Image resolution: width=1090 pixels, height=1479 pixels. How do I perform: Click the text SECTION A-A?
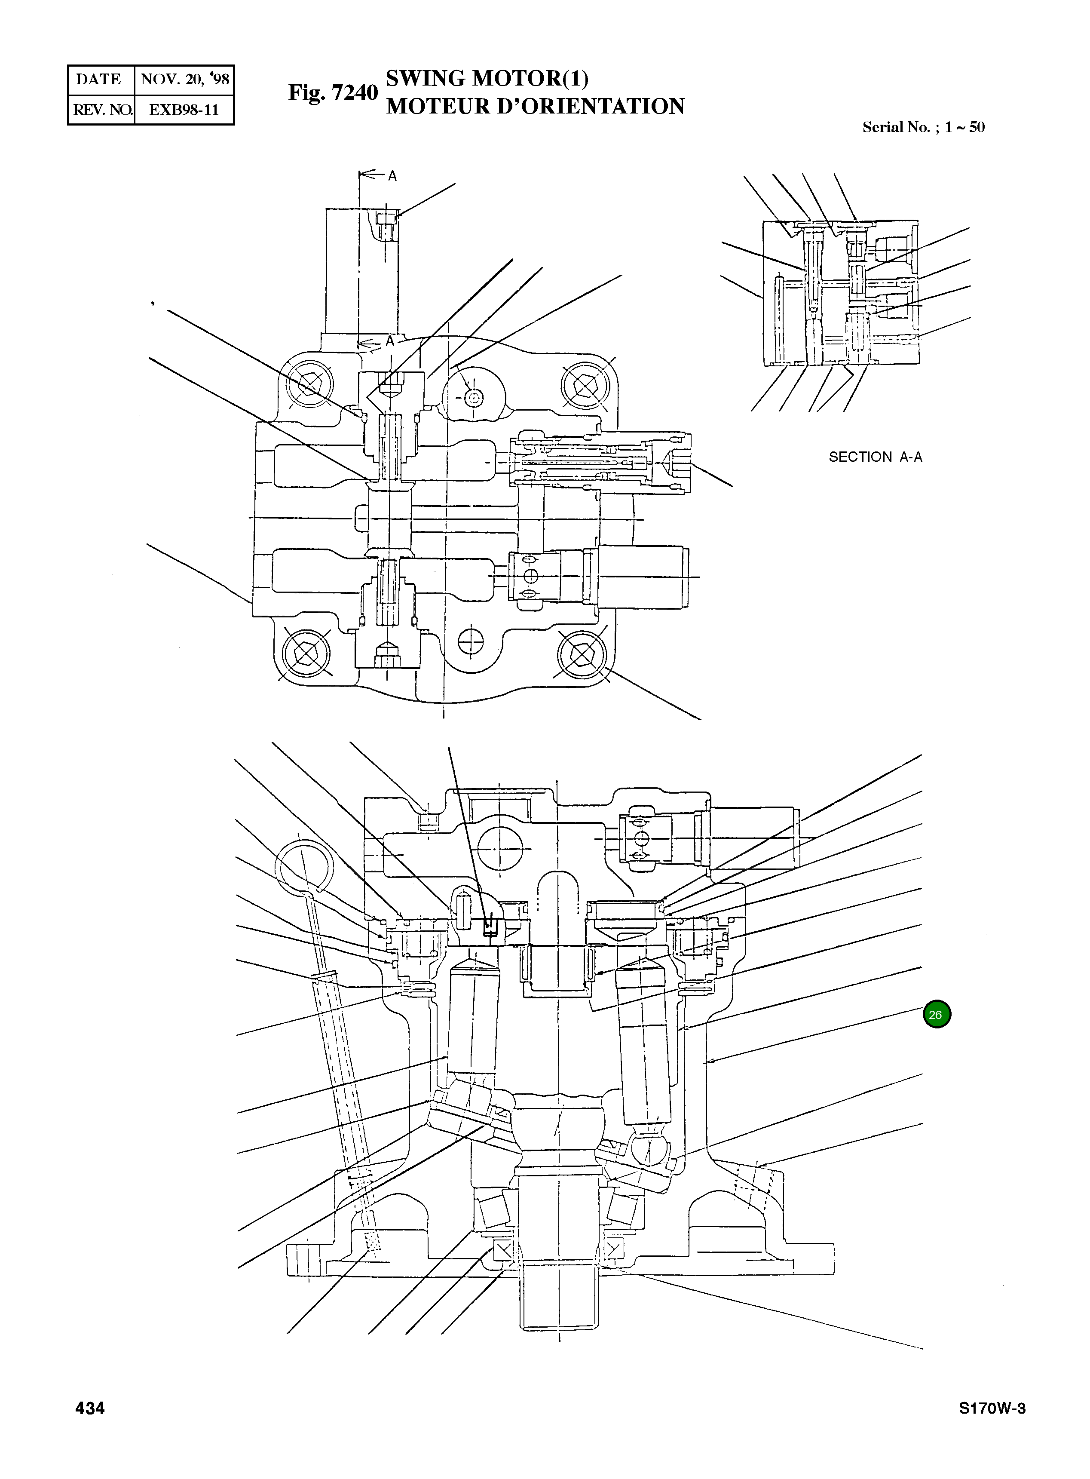pos(875,457)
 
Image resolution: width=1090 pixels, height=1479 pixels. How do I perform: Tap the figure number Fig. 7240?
pos(333,92)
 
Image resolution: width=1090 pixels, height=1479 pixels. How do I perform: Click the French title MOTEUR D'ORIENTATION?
pos(535,106)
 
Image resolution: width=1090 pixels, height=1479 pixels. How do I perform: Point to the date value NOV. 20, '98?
pos(185,79)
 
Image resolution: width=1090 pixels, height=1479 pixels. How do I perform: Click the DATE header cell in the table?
pos(99,79)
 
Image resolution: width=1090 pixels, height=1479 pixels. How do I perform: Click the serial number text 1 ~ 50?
pos(964,127)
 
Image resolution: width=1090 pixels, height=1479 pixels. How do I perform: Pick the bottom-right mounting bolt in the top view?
pos(581,654)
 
